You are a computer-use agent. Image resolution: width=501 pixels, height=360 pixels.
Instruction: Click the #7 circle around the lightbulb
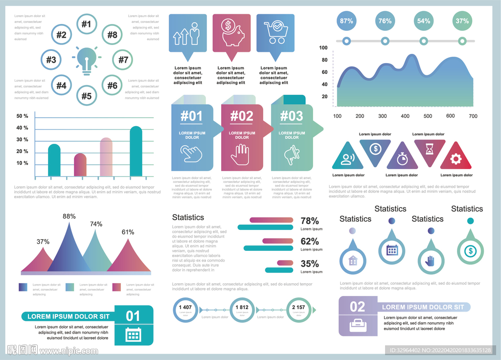(x=123, y=60)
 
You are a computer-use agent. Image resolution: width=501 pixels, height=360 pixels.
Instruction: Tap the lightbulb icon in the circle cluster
(x=87, y=60)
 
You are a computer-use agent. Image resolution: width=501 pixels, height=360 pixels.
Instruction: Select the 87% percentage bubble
(x=346, y=21)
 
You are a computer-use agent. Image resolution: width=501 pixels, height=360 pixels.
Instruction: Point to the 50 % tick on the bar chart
(x=23, y=116)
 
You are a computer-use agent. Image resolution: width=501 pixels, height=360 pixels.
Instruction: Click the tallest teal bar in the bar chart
(x=136, y=152)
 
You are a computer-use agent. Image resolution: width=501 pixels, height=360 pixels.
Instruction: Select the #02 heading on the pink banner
(x=242, y=116)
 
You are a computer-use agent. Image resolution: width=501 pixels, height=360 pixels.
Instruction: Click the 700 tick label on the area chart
(x=473, y=116)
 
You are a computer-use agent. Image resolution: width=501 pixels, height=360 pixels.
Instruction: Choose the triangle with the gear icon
(x=456, y=158)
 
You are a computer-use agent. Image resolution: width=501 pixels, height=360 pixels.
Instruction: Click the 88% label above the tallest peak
(x=69, y=216)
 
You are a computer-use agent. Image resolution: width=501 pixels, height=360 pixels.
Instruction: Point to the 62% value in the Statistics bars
(x=310, y=241)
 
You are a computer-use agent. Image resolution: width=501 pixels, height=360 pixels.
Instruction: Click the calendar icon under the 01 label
(x=133, y=335)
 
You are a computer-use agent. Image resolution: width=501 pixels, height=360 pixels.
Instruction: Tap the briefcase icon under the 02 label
(x=358, y=324)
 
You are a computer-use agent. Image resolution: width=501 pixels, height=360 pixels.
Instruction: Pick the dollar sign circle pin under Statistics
(x=470, y=251)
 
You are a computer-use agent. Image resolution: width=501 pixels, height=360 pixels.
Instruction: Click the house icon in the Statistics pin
(x=353, y=261)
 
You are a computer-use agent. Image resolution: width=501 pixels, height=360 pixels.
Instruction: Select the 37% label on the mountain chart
(x=43, y=242)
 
